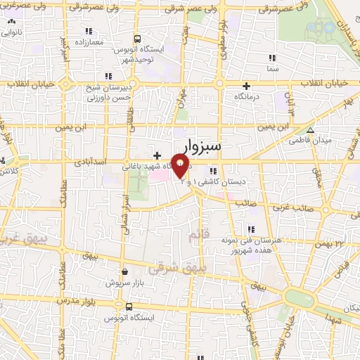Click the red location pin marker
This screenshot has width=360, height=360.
pos(181,166)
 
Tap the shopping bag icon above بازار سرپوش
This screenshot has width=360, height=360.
pos(124,271)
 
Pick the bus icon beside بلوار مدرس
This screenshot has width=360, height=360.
pos(129,306)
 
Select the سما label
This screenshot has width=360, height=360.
pos(273,70)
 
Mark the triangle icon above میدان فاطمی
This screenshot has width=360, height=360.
pos(309,129)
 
